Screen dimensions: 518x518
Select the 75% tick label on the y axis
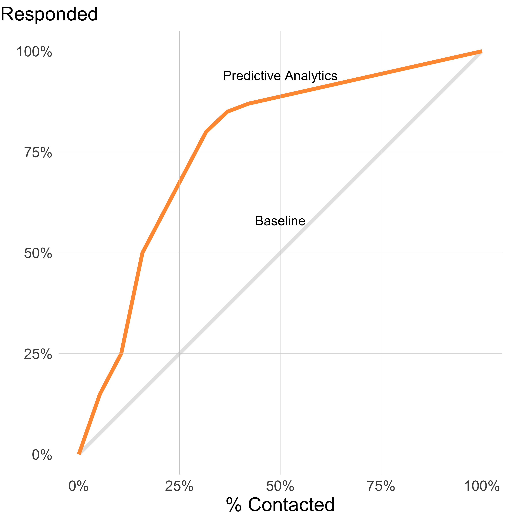38,153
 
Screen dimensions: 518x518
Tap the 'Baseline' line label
280,221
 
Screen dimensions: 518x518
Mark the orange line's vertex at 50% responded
143,253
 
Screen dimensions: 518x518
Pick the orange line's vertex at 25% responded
122,353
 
